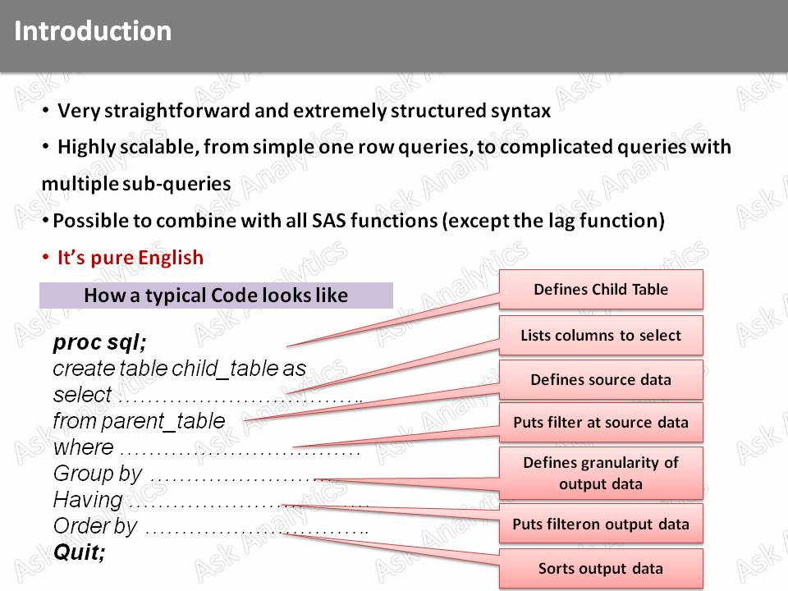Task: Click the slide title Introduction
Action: pos(93,31)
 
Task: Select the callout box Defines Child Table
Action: pos(601,290)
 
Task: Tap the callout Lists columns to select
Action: pos(601,335)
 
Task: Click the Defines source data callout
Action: pos(601,380)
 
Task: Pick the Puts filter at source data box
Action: pos(601,424)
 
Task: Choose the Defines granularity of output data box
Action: pos(601,473)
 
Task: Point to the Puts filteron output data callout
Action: pos(601,525)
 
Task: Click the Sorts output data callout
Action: pos(601,569)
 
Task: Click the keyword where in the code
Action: pos(83,447)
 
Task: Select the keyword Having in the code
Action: pos(88,499)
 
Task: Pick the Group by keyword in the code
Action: pos(97,474)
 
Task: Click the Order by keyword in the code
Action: pos(95,525)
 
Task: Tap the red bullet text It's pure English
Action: pos(130,258)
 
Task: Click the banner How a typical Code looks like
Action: pos(216,295)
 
